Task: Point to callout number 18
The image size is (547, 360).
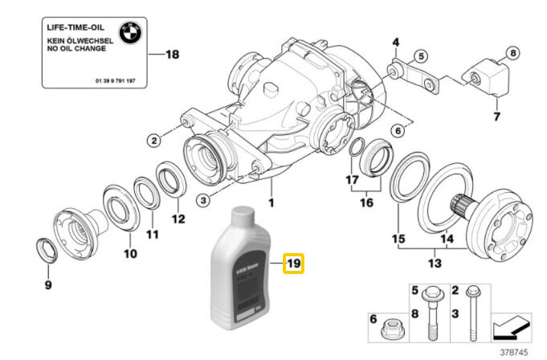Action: [x=173, y=55]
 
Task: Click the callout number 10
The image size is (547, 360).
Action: [x=129, y=254]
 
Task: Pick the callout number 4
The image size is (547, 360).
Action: [x=395, y=42]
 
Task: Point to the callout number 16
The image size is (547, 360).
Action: [x=366, y=203]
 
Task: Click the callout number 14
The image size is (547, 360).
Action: [x=447, y=239]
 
